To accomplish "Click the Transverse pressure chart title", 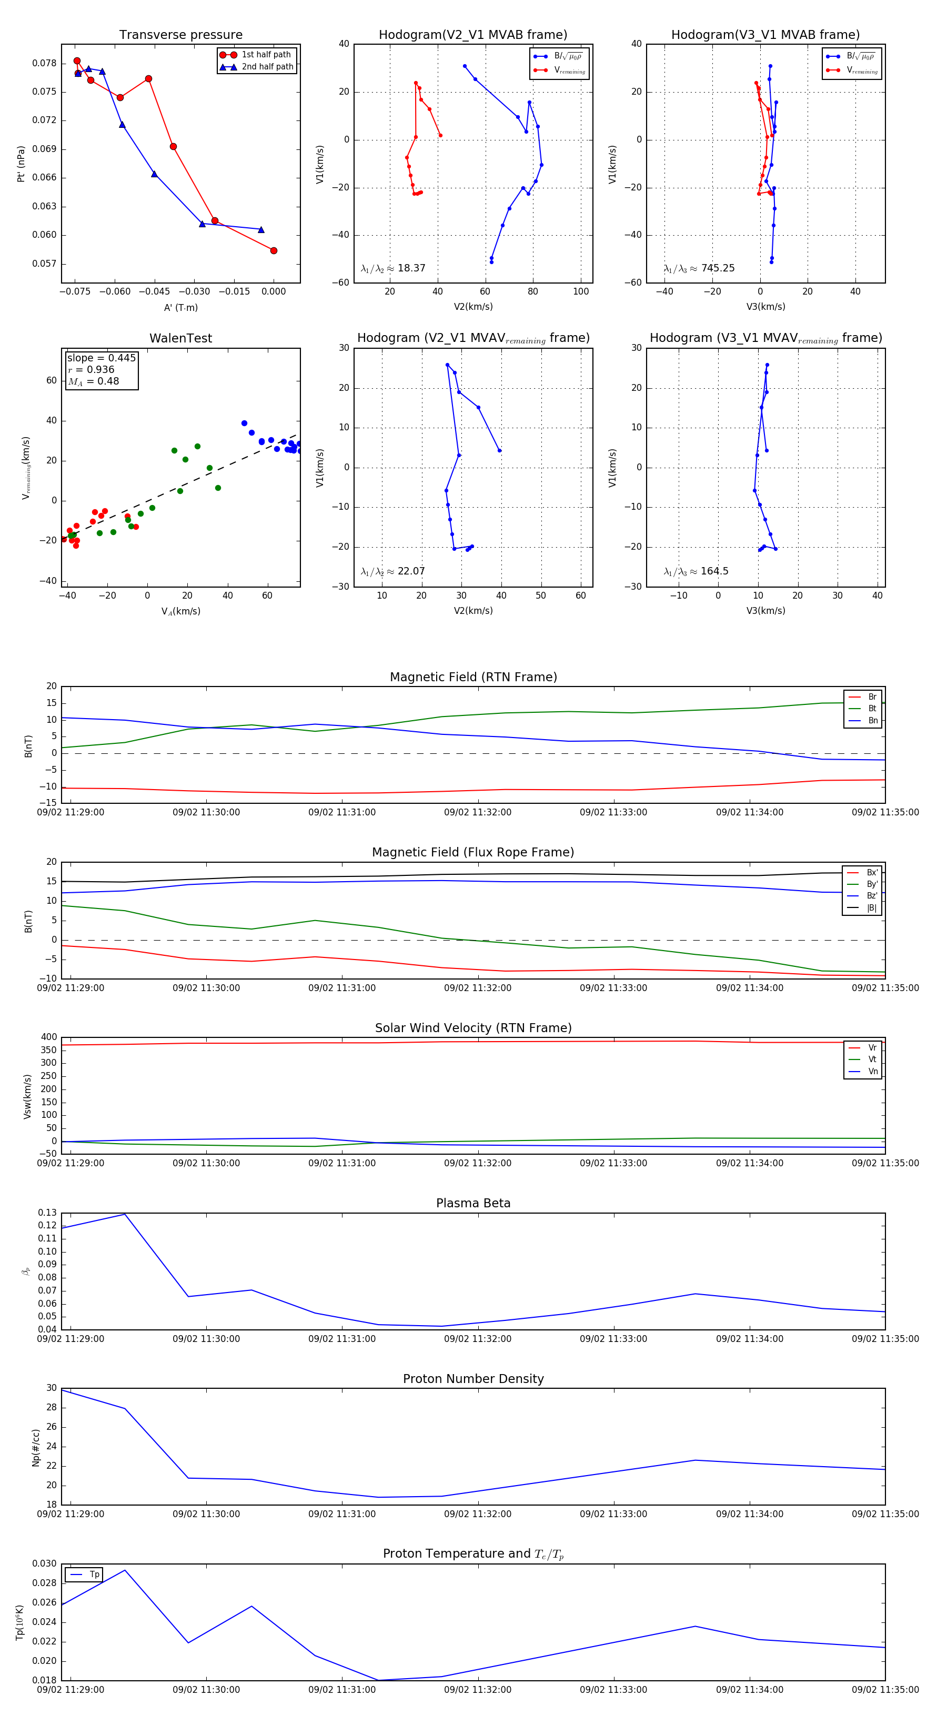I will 180,35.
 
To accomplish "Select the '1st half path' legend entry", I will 266,55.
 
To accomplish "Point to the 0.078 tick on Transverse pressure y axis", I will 45,63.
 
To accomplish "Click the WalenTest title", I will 180,338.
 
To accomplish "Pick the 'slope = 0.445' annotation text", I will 101,358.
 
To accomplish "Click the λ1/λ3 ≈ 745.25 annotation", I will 699,268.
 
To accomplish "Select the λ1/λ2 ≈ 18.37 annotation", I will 393,268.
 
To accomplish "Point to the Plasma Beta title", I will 473,1203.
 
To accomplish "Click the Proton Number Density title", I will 473,1379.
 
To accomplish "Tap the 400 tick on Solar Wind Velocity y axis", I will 48,1037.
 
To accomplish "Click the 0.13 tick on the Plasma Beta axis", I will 47,1213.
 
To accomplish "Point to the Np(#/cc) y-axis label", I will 36,1448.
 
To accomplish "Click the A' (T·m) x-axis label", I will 180,307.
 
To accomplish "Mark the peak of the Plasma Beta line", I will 125,1214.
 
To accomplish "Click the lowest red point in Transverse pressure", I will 274,251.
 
